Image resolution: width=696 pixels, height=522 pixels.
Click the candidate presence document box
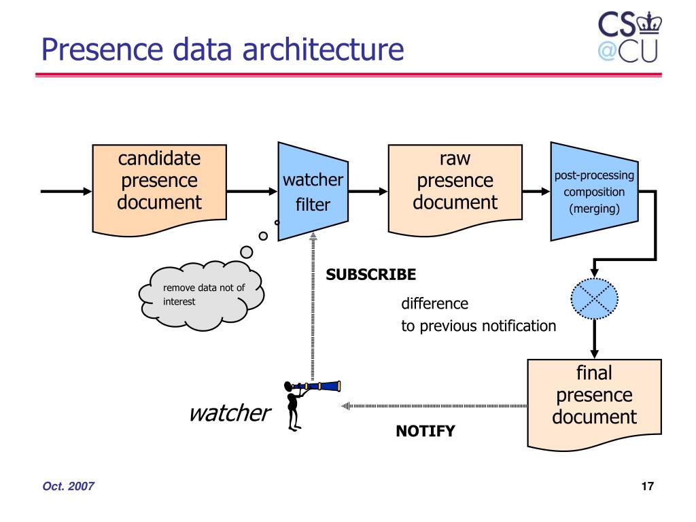point(159,189)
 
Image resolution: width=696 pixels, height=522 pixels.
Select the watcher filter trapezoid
point(313,192)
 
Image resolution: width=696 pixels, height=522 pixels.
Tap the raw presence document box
point(455,189)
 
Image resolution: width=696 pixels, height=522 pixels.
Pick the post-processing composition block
point(594,192)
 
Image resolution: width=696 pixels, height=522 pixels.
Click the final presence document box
point(594,404)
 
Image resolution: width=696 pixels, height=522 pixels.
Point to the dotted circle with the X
point(594,299)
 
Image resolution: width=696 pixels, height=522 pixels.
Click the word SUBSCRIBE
point(371,275)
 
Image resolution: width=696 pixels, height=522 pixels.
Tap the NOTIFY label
point(425,431)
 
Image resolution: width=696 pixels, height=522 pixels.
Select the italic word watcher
point(230,413)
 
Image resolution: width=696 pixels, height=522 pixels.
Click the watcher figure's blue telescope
point(316,386)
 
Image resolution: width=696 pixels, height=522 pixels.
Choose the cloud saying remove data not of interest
point(201,296)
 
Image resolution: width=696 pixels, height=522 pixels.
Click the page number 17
point(647,486)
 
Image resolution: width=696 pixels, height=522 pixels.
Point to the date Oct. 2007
point(69,486)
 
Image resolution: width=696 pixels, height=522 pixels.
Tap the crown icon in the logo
point(649,24)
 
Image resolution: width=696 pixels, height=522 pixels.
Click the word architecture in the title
point(323,49)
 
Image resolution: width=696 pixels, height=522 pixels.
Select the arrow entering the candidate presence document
point(66,191)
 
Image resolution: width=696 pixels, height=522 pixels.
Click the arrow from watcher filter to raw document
point(368,191)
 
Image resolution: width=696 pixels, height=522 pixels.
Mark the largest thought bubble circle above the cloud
point(246,252)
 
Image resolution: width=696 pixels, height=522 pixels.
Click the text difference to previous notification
point(478,315)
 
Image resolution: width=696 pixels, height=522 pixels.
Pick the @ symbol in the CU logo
point(607,51)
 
